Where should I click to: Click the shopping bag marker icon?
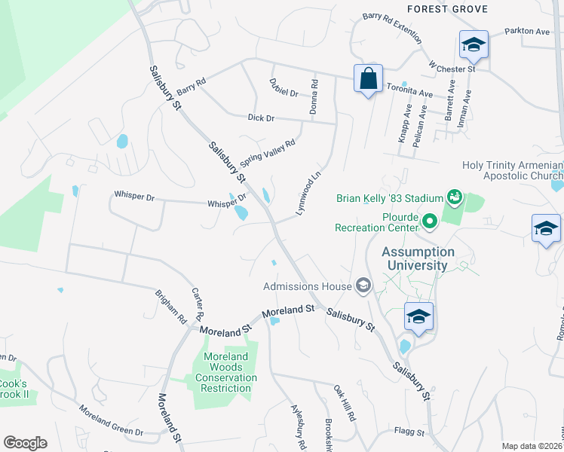(368, 79)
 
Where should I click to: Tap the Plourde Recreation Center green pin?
(430, 221)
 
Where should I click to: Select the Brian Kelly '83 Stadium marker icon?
(454, 197)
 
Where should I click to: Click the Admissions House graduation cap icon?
(363, 285)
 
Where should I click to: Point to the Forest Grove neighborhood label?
(447, 9)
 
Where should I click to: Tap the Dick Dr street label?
(261, 118)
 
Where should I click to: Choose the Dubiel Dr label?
(284, 93)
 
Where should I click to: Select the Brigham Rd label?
(171, 308)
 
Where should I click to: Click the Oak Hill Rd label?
(345, 404)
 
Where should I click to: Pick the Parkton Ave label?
(529, 32)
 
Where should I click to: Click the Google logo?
(25, 443)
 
